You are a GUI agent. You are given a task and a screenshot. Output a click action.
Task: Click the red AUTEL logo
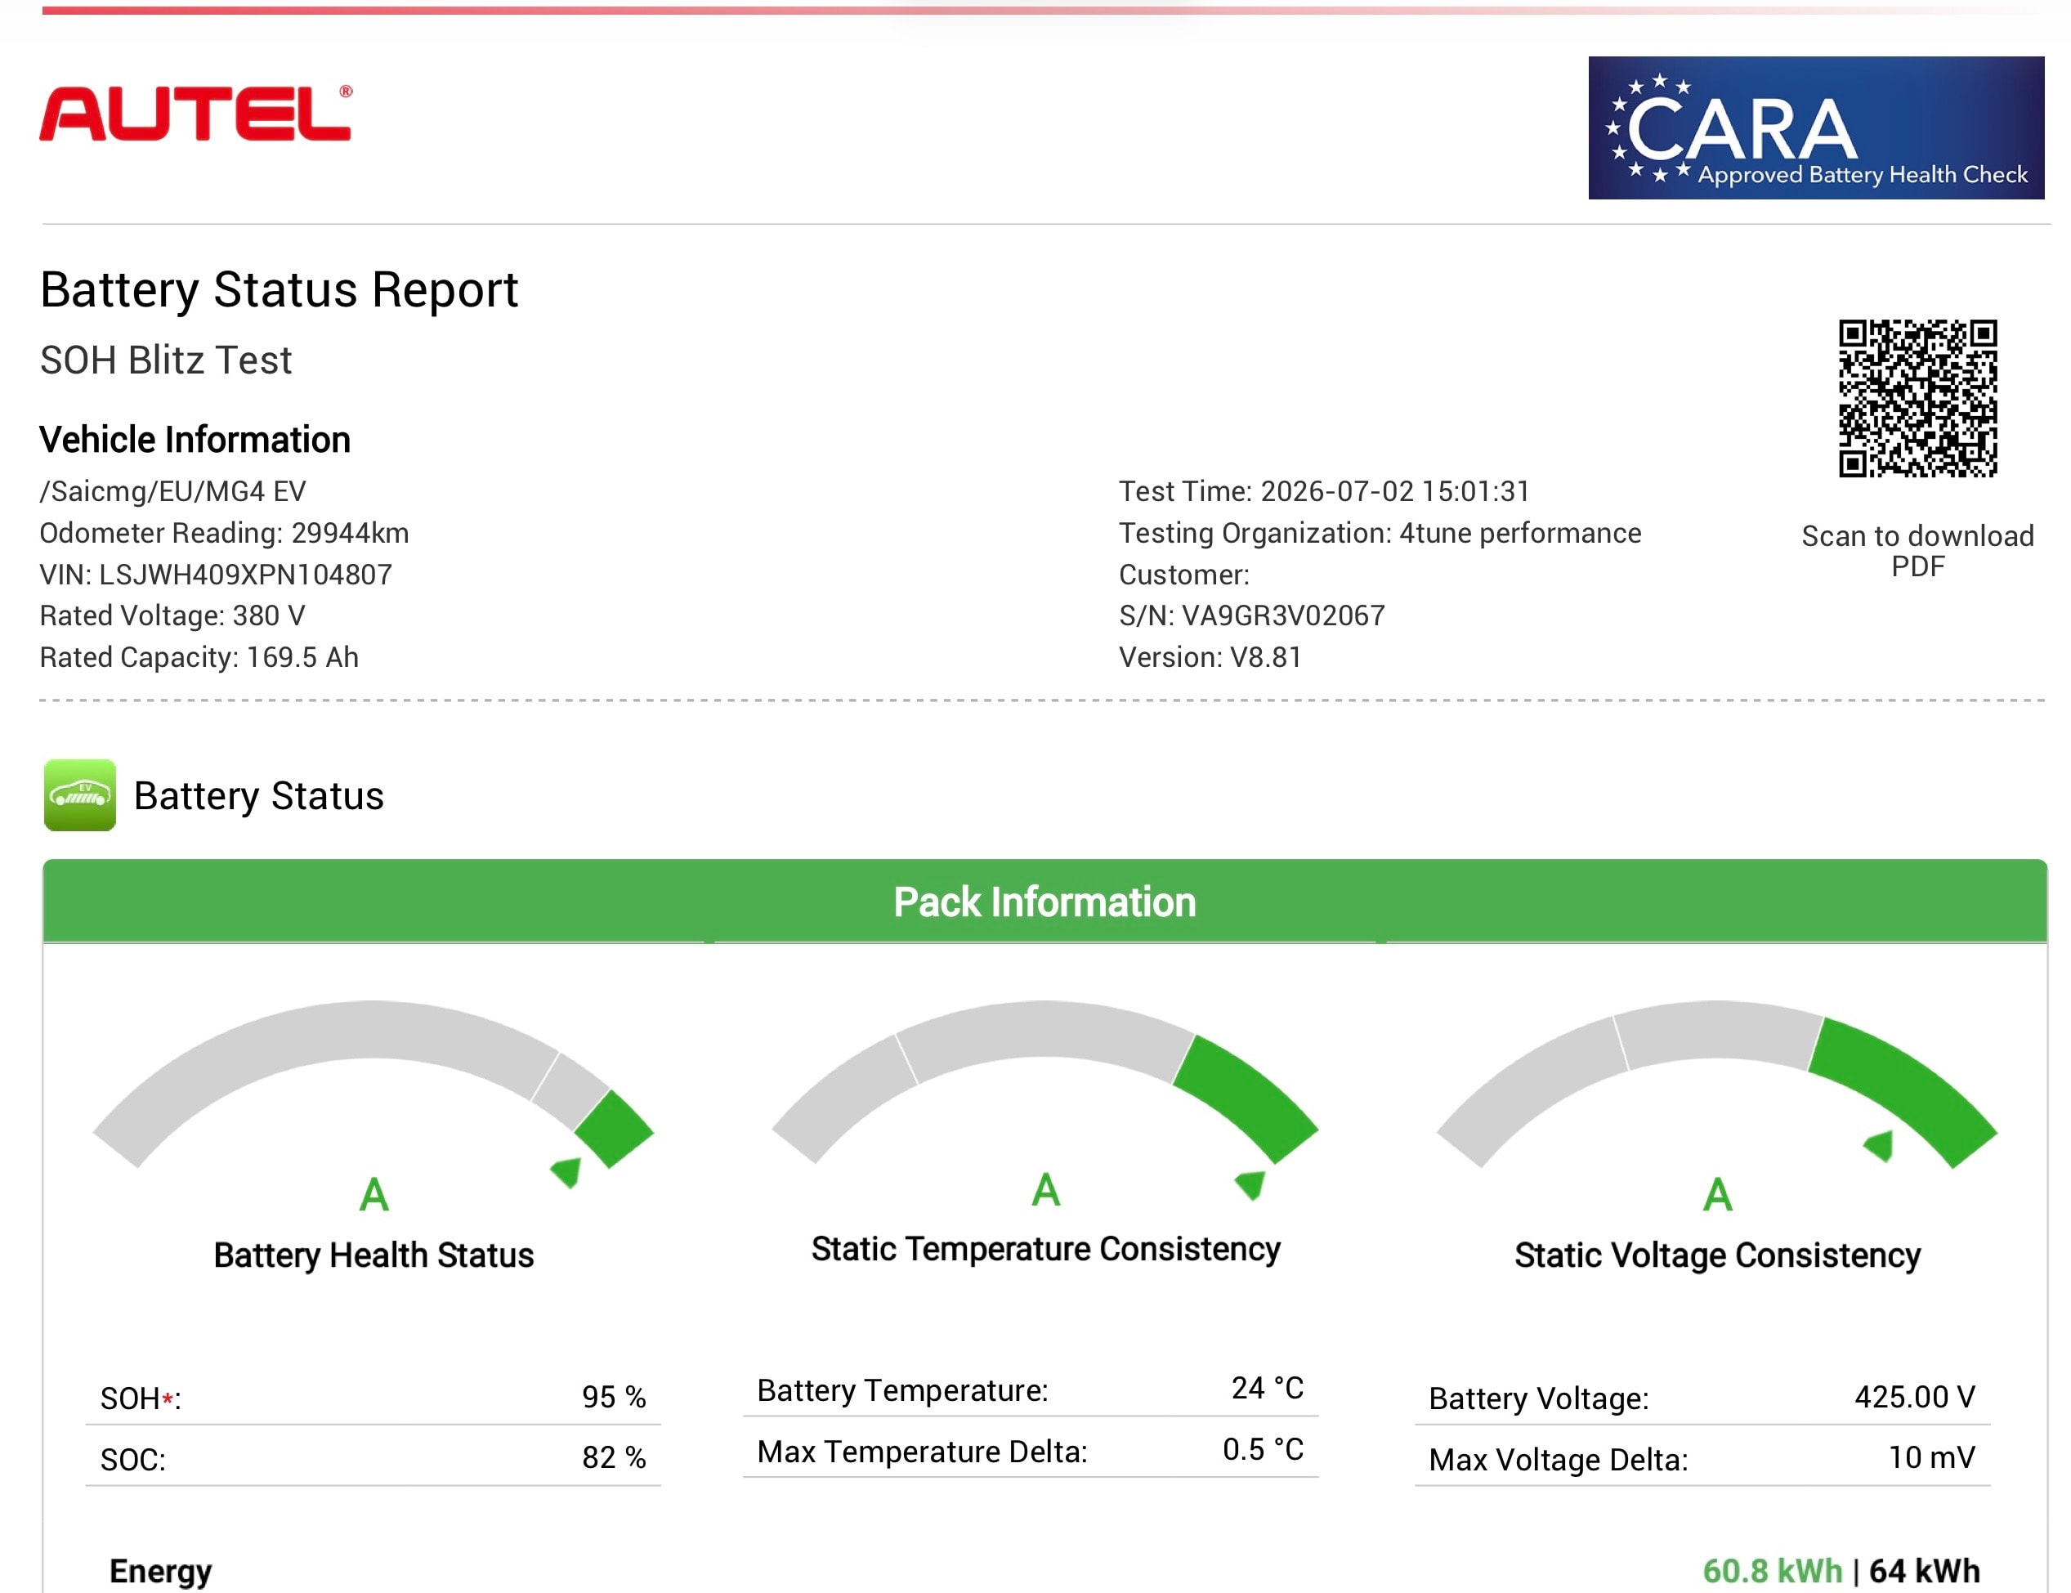(x=195, y=114)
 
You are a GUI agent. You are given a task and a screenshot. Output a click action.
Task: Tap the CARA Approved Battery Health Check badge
(x=1816, y=128)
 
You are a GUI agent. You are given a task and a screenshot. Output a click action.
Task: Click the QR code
(x=1917, y=398)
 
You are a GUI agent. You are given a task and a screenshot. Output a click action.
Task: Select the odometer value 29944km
(x=350, y=533)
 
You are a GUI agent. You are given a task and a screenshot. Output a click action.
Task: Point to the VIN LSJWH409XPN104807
(x=246, y=575)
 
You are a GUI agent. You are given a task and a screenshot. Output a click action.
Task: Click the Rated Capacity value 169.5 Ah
(x=302, y=657)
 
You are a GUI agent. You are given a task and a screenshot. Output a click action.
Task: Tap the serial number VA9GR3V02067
(x=1283, y=615)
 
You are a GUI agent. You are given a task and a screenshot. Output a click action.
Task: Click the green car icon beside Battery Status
(x=79, y=794)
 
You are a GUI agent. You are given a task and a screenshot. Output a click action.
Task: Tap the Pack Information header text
(x=1045, y=902)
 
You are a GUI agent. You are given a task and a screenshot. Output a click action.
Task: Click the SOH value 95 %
(x=614, y=1397)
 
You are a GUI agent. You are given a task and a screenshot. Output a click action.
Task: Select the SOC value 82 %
(x=614, y=1457)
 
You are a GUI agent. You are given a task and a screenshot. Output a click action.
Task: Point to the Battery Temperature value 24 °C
(x=1268, y=1388)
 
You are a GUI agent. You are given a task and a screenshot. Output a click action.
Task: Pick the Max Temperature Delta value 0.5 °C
(x=1263, y=1449)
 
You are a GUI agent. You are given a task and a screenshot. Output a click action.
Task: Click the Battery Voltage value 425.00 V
(x=1915, y=1397)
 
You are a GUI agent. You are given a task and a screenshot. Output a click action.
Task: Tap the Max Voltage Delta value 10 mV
(x=1931, y=1457)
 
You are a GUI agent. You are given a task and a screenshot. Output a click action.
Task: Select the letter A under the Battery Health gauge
(x=374, y=1195)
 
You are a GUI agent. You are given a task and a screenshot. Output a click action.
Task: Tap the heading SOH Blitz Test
(x=166, y=360)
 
